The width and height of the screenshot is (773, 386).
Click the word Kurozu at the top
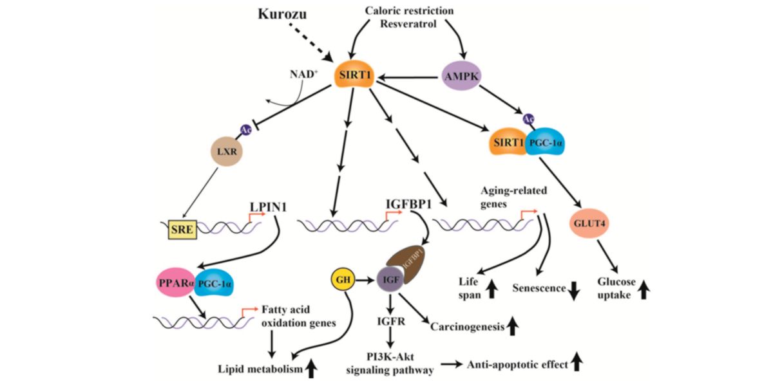(x=282, y=14)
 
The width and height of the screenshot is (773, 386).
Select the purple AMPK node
(x=461, y=76)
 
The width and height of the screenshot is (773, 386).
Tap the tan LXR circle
(x=227, y=151)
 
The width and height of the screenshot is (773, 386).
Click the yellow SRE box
(x=182, y=230)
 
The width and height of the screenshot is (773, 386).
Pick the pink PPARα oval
(x=175, y=282)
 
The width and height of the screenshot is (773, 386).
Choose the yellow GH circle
(x=343, y=279)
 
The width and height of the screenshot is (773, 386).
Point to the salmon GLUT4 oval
(x=589, y=223)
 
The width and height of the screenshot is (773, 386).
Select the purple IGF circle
(x=390, y=279)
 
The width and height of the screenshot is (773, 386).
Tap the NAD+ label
(x=303, y=74)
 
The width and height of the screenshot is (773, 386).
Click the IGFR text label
(x=391, y=322)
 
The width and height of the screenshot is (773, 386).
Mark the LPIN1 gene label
(x=268, y=207)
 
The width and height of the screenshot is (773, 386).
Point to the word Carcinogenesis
(x=467, y=326)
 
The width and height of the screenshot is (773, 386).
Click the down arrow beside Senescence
(x=573, y=291)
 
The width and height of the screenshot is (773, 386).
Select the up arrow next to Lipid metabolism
(x=312, y=369)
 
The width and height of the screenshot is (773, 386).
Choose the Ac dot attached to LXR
(x=245, y=130)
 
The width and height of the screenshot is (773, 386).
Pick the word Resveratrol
(x=408, y=24)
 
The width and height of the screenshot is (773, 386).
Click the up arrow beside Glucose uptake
(x=644, y=289)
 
